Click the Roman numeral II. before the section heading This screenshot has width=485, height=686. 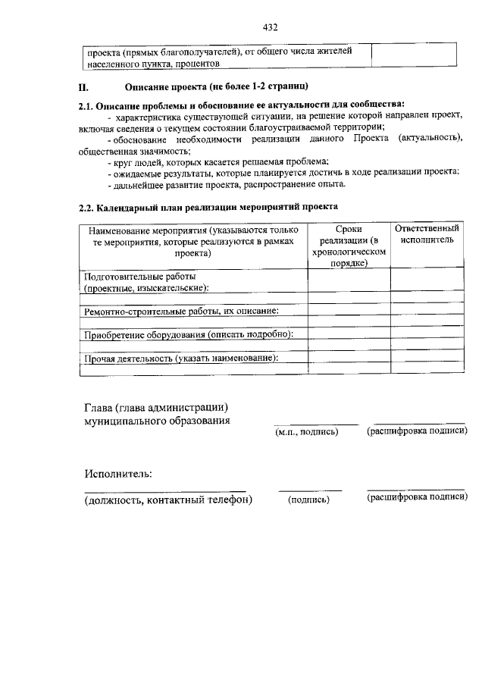coord(84,87)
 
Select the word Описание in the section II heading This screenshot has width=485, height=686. coord(143,87)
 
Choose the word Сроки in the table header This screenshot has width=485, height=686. coord(349,228)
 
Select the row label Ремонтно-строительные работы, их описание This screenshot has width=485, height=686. coord(181,310)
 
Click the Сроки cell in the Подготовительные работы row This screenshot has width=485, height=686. coord(349,280)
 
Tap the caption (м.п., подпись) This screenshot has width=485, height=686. coord(306,432)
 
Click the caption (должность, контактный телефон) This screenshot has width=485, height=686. coord(167,500)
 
